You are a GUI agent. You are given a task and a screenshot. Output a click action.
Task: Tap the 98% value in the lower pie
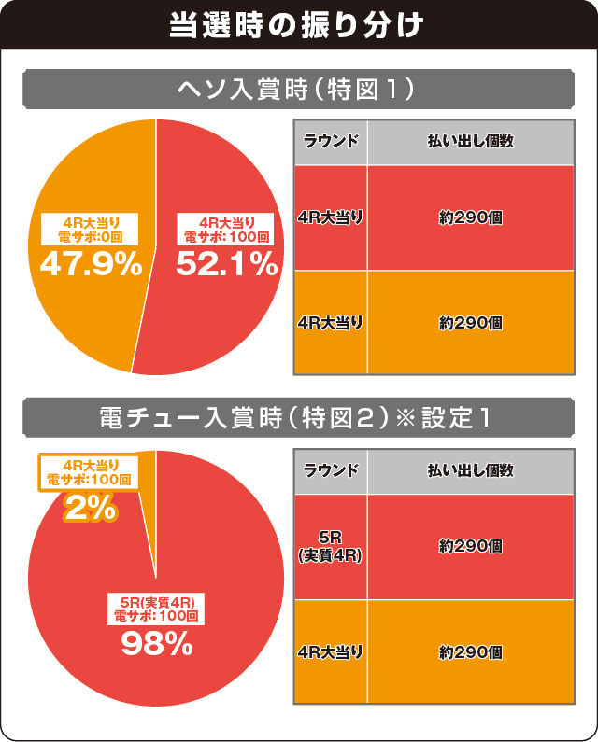point(157,643)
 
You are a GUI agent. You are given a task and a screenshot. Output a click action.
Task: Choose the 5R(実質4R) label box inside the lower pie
point(158,608)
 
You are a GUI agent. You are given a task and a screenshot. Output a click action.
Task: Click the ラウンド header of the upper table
point(331,142)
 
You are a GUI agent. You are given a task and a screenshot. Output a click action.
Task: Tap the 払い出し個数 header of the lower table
point(470,470)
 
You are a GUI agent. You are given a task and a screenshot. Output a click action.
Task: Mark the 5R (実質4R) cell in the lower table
point(331,547)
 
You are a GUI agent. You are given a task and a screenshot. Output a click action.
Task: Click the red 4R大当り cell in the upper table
point(331,217)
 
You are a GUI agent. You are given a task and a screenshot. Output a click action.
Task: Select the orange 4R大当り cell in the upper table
point(331,322)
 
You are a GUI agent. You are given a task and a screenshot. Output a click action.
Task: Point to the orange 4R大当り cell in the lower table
point(331,651)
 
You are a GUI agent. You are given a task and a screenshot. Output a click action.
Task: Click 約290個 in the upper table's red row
point(470,217)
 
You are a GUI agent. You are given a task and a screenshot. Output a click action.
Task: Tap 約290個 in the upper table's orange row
point(470,322)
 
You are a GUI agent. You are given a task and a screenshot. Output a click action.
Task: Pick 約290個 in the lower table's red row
point(470,547)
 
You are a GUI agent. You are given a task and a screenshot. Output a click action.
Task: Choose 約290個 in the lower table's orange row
point(470,651)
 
